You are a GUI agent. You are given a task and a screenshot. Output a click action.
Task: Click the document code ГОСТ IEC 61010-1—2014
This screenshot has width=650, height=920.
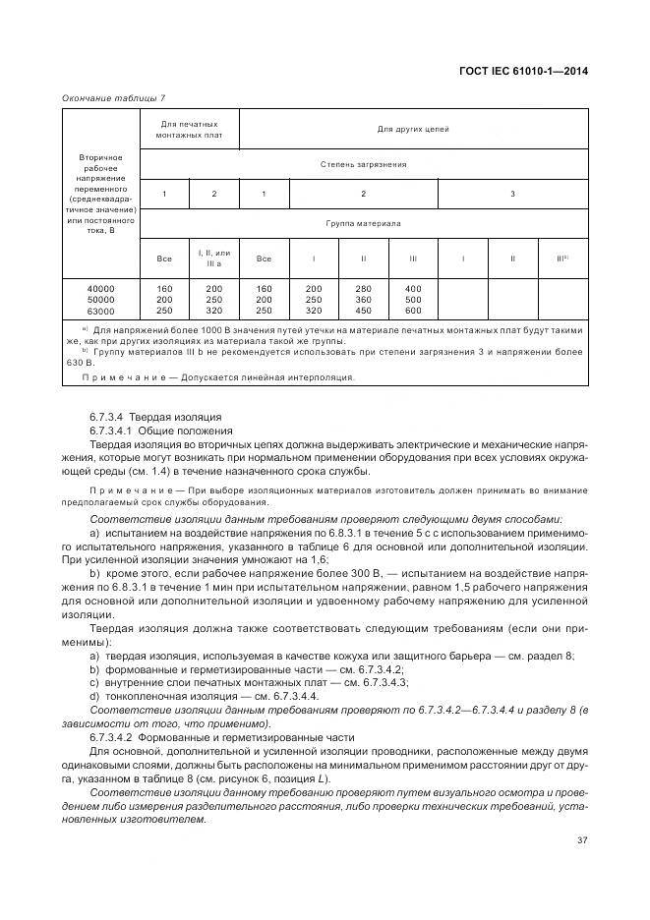(530, 70)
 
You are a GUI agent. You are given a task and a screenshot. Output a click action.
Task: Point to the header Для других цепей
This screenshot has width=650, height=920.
(412, 129)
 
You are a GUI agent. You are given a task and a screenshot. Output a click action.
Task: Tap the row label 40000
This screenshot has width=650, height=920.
(101, 288)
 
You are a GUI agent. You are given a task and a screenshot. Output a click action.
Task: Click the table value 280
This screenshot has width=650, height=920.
(314, 288)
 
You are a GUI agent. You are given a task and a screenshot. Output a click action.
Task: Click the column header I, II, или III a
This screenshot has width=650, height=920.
(214, 259)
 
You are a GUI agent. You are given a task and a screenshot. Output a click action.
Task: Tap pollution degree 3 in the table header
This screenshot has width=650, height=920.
(512, 194)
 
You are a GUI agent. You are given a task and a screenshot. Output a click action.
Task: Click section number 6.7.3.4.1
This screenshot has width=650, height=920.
(113, 431)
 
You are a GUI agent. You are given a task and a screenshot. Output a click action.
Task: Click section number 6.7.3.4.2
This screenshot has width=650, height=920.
(113, 735)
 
